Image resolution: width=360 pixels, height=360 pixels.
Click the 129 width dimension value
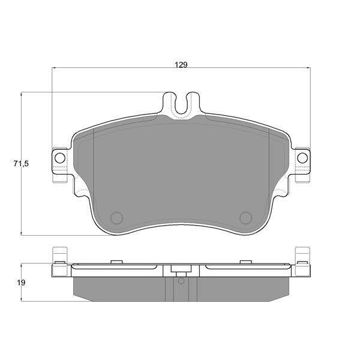click(x=181, y=65)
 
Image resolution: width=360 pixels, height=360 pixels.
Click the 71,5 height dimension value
click(x=21, y=164)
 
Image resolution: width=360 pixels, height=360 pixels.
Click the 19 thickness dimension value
click(x=21, y=283)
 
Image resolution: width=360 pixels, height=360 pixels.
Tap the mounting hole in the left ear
click(x=60, y=158)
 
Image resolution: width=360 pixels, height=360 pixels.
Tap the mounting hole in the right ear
click(x=302, y=158)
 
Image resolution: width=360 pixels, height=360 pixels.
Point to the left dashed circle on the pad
click(x=116, y=218)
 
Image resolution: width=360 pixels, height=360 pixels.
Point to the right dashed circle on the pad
click(x=246, y=218)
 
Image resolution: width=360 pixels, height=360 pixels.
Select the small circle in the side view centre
click(x=181, y=281)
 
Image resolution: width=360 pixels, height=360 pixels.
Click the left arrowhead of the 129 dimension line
click(x=54, y=68)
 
